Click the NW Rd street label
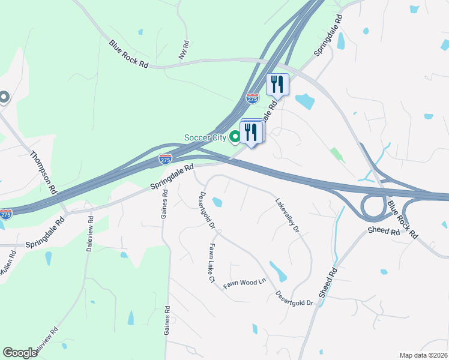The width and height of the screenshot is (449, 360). pos(184,50)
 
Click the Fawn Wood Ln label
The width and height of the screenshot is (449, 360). pos(245,283)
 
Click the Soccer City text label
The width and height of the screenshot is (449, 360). pos(205,137)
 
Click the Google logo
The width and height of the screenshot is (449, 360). pos(20,353)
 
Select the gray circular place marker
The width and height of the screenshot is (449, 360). pos(4,97)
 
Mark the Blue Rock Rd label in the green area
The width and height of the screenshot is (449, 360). pos(128,53)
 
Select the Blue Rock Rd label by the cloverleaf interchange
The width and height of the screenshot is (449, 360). pos(402,220)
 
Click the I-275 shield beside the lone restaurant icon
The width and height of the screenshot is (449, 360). pos(252,98)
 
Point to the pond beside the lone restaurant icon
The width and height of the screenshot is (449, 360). pos(304,101)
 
